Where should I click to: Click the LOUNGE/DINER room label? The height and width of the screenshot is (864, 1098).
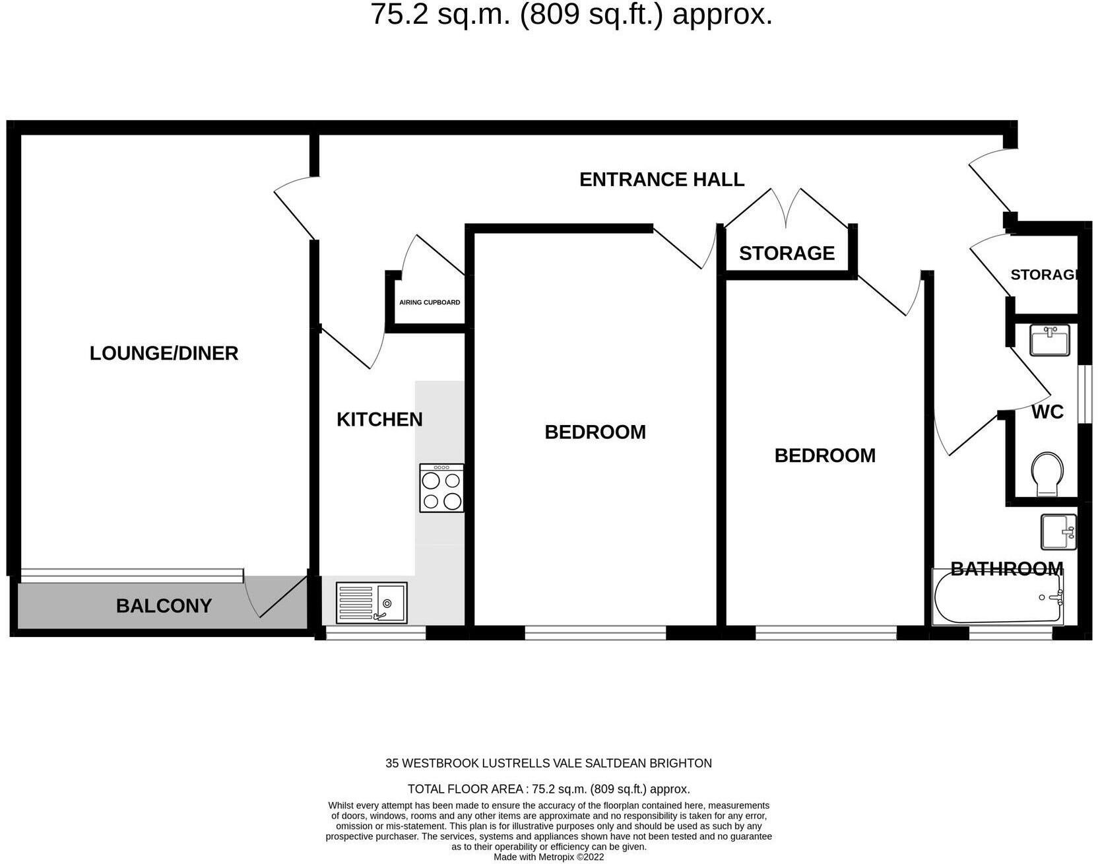pos(164,353)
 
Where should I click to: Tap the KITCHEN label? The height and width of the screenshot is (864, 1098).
pos(379,420)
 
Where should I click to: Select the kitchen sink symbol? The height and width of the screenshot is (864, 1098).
pos(371,603)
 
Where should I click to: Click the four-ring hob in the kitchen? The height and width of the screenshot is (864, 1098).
pos(441,488)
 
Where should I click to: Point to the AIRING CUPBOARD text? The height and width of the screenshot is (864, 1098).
pos(430,302)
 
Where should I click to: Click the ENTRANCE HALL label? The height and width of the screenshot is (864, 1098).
pos(662,180)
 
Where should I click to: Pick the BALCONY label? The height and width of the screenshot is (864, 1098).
pos(164,606)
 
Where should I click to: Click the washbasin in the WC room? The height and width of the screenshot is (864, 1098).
pos(1049,341)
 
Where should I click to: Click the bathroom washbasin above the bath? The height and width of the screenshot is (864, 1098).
pos(1058,532)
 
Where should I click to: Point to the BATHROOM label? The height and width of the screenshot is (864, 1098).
pos(1006,569)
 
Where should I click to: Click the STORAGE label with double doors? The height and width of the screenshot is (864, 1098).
pos(787,253)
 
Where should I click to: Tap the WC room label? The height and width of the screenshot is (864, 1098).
pos(1047,413)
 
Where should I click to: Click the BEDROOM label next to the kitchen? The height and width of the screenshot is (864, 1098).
pos(595,432)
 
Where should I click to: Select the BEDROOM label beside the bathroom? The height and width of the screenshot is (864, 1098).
pos(825,455)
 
